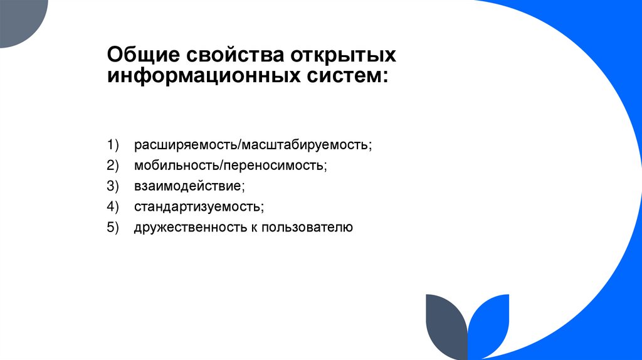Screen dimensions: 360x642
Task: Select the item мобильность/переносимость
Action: (x=230, y=166)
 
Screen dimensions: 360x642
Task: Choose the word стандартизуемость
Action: (x=198, y=206)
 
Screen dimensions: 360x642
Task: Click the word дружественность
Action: (x=187, y=227)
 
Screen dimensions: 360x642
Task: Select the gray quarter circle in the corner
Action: (x=19, y=19)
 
